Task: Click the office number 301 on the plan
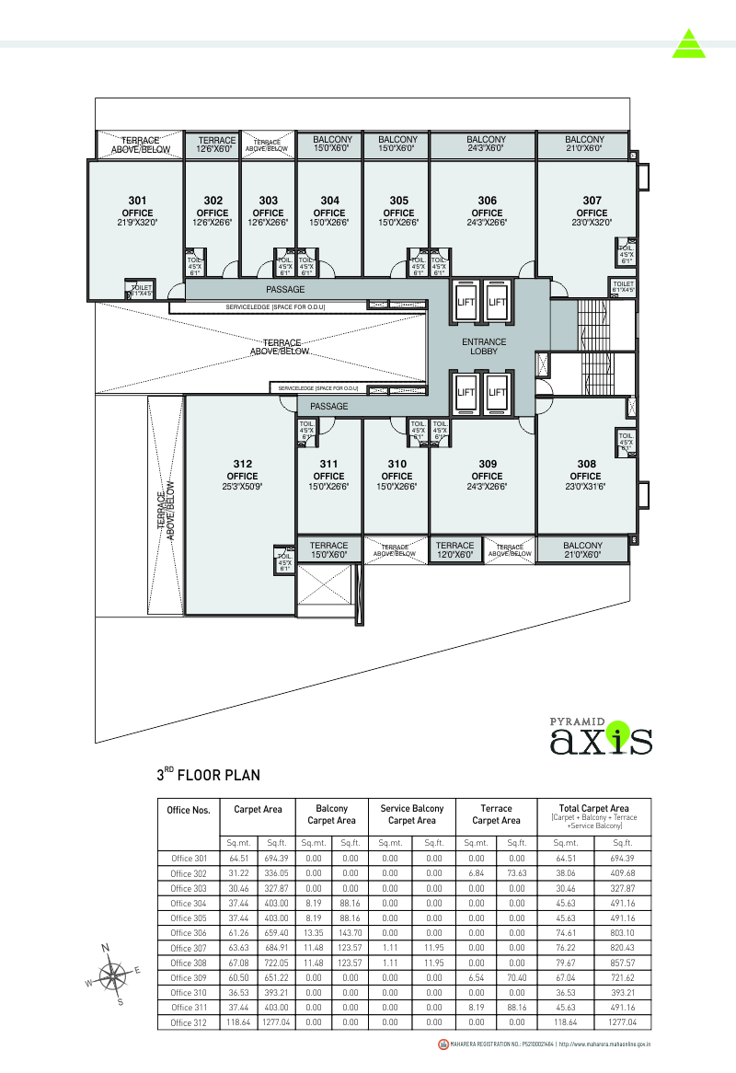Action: pyautogui.click(x=137, y=200)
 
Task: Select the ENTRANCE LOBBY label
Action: pyautogui.click(x=484, y=346)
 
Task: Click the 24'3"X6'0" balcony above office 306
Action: pyautogui.click(x=485, y=144)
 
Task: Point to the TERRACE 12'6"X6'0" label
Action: pyautogui.click(x=216, y=144)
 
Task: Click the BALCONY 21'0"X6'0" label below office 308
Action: pyautogui.click(x=583, y=550)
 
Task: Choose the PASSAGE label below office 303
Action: pyautogui.click(x=285, y=290)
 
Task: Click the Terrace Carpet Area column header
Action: pyautogui.click(x=497, y=814)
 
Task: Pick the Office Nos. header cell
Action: pyautogui.click(x=189, y=811)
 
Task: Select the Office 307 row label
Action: pyautogui.click(x=189, y=948)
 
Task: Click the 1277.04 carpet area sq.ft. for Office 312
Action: pyautogui.click(x=277, y=1022)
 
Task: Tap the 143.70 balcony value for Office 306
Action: pyautogui.click(x=350, y=933)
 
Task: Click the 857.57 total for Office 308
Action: pyautogui.click(x=622, y=963)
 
